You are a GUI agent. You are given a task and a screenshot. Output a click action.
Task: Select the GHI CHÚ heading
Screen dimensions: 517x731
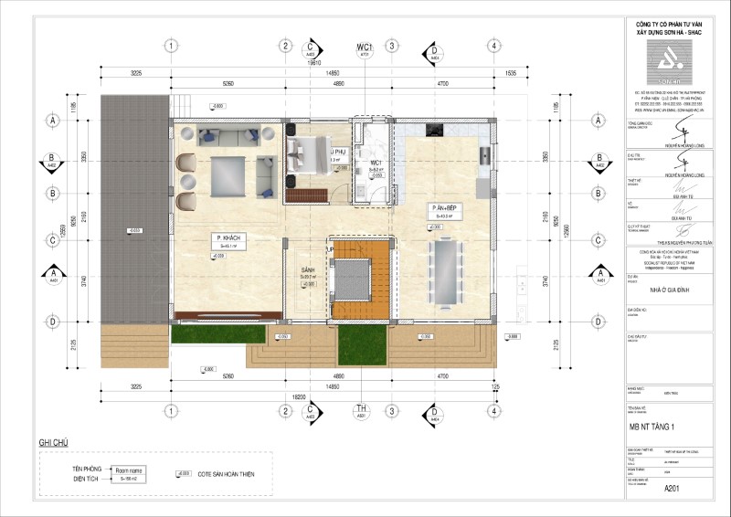(x=54, y=442)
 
